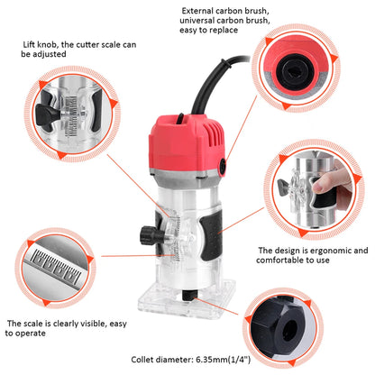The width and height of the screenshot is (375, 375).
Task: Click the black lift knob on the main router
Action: coord(146,236)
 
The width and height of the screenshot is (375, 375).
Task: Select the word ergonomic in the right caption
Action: coord(328,250)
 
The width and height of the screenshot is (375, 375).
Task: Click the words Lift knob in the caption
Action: coord(42,43)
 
